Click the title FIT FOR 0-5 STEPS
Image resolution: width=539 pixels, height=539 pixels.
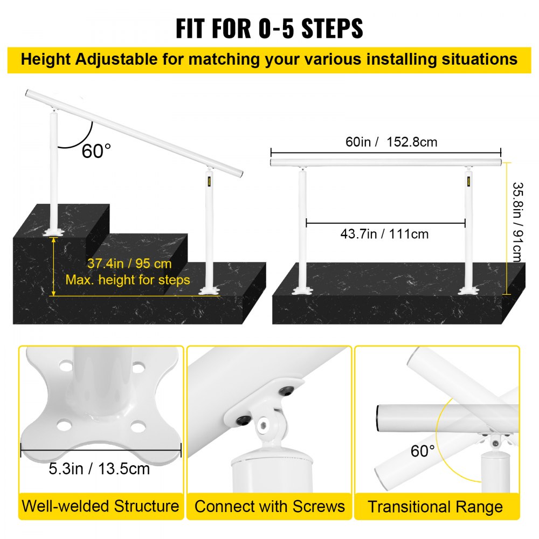click(269, 28)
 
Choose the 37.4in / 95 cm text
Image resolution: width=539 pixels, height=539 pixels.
click(129, 264)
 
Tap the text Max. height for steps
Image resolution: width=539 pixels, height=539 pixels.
click(128, 280)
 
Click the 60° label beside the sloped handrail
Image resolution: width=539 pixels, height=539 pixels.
click(97, 151)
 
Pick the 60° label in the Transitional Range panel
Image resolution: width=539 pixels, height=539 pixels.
click(423, 450)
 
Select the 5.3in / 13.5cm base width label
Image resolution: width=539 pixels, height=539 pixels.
click(100, 468)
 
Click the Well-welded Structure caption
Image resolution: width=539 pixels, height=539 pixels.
click(100, 506)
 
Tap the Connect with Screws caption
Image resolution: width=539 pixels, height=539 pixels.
click(269, 507)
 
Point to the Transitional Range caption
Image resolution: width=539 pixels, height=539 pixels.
click(436, 507)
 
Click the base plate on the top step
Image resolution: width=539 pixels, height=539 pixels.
click(55, 232)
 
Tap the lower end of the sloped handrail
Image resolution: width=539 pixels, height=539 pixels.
click(237, 175)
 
